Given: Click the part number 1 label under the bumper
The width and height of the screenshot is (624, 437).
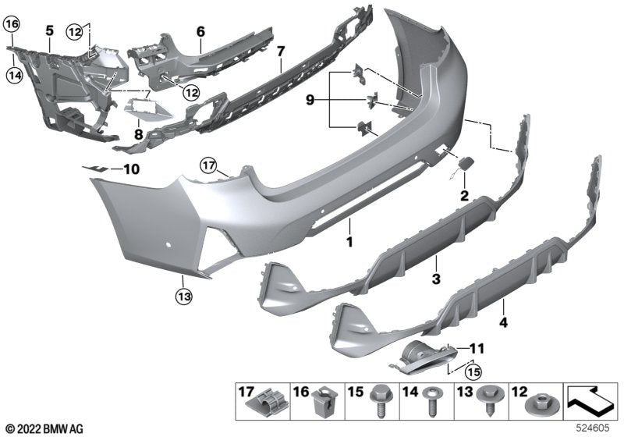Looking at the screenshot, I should click(350, 243).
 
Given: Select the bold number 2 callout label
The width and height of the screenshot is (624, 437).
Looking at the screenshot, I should click(464, 195).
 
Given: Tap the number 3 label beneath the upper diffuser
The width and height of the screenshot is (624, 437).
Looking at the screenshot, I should click(436, 278).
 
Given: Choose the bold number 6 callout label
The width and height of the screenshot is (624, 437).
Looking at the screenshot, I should click(200, 32).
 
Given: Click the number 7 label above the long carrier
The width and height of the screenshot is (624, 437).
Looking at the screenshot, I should click(280, 52).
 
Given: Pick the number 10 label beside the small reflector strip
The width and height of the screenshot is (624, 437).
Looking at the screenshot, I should click(130, 168).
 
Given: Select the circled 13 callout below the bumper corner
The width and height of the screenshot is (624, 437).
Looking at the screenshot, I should click(183, 296).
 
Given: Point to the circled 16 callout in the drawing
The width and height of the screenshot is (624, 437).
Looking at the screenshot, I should click(12, 24).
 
